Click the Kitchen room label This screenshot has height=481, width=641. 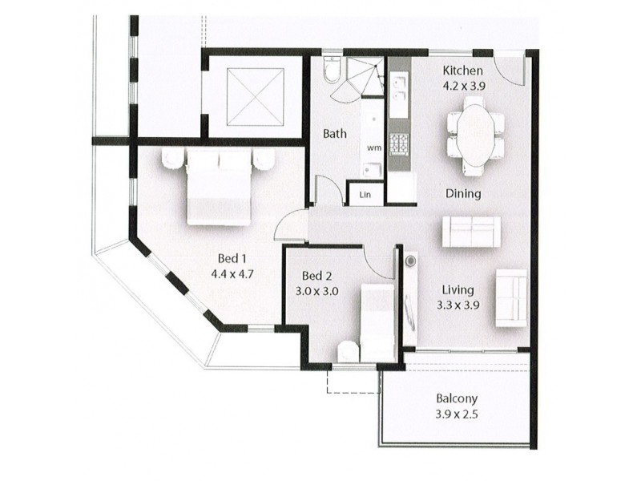click(463, 70)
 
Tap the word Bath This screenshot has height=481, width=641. click(335, 134)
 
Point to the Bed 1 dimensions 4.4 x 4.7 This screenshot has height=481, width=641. click(232, 274)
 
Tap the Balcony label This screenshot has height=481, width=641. click(457, 398)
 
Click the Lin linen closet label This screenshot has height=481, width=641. click(365, 195)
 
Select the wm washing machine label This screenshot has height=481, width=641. click(374, 148)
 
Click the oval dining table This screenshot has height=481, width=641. click(476, 134)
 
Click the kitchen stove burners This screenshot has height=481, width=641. click(399, 143)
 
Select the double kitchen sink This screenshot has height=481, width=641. click(398, 87)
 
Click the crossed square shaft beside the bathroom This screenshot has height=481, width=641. click(256, 95)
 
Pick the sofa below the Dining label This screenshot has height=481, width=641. click(471, 232)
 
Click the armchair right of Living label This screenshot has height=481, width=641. click(511, 297)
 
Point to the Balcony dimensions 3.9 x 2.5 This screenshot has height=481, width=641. click(457, 414)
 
